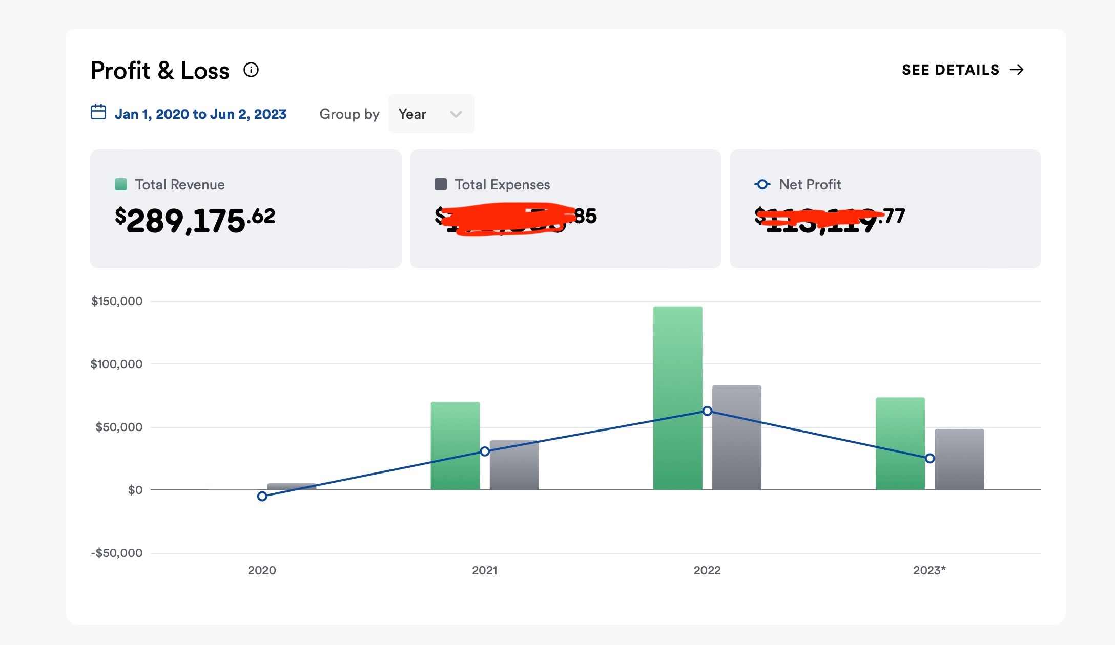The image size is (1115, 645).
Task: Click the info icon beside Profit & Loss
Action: click(251, 70)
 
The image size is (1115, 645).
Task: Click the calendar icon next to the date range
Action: click(98, 112)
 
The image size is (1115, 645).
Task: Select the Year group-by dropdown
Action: click(431, 114)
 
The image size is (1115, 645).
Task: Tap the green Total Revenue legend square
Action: click(121, 184)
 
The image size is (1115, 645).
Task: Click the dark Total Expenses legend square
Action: click(441, 184)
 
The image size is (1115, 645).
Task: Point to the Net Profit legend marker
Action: click(762, 184)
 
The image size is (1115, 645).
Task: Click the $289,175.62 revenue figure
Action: click(195, 220)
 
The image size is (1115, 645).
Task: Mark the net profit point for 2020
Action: click(262, 496)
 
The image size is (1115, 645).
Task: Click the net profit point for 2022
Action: click(707, 411)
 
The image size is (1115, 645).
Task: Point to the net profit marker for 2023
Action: click(930, 458)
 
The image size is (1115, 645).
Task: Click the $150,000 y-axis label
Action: click(117, 301)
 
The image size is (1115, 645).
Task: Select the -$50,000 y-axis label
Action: click(117, 553)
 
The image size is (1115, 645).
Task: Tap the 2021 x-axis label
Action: click(484, 570)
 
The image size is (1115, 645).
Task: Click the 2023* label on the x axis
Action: click(929, 570)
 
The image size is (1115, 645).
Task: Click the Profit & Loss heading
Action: click(160, 71)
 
